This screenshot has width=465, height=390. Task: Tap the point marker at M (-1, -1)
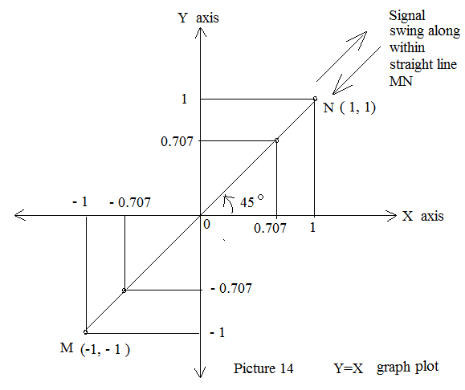(x=85, y=332)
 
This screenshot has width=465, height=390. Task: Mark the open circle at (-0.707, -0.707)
(x=124, y=290)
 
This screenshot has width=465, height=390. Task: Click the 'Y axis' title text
(x=198, y=18)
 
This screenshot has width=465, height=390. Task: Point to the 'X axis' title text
(x=423, y=216)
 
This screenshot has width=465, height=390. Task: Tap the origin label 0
(x=206, y=225)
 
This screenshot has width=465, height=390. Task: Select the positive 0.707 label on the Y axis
(x=177, y=141)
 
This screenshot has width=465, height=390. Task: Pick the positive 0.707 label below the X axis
(x=270, y=228)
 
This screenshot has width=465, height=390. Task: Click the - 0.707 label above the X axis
(x=130, y=202)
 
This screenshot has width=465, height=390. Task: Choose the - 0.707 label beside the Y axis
(x=231, y=288)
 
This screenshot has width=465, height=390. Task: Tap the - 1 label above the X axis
(x=80, y=201)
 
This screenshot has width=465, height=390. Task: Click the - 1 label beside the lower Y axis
(x=218, y=332)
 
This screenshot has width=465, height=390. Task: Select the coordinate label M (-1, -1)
(x=95, y=349)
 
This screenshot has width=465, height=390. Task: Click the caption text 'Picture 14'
(x=263, y=368)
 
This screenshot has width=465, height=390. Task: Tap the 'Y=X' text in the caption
(x=349, y=368)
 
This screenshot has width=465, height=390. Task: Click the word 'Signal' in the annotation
(x=407, y=16)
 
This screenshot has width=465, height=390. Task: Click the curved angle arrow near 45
(x=228, y=204)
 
